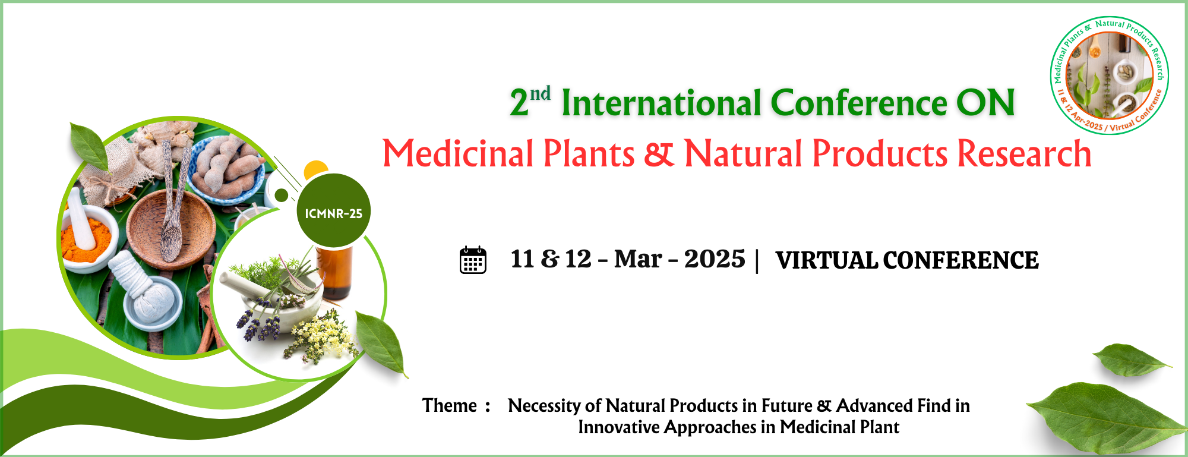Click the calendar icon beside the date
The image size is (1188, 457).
(x=473, y=260)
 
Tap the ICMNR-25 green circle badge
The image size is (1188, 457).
(x=333, y=211)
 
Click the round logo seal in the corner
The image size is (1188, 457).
(x=1109, y=75)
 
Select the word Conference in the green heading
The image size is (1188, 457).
(x=858, y=103)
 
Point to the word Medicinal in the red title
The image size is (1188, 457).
(x=458, y=154)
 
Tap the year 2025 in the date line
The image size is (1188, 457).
(x=714, y=259)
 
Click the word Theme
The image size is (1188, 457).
(x=450, y=405)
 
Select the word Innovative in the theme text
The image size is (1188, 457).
(x=618, y=427)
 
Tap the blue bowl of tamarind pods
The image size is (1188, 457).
(x=227, y=169)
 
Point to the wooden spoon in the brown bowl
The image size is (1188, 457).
(x=172, y=214)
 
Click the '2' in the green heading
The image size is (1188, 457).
(x=519, y=103)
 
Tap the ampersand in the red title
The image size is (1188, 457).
(x=659, y=154)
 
